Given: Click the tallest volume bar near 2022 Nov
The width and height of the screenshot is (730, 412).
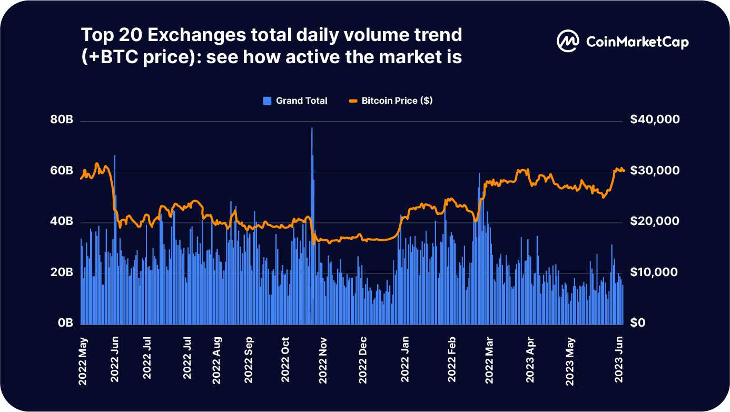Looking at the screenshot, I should pos(312,227).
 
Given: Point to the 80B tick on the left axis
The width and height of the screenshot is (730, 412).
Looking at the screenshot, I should pos(62,121).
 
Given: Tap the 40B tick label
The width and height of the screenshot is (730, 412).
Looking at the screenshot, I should pos(62,222).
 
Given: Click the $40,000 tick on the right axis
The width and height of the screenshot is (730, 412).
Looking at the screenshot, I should pos(655,121).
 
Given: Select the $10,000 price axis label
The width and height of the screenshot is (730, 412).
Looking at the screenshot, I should pos(655,272).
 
